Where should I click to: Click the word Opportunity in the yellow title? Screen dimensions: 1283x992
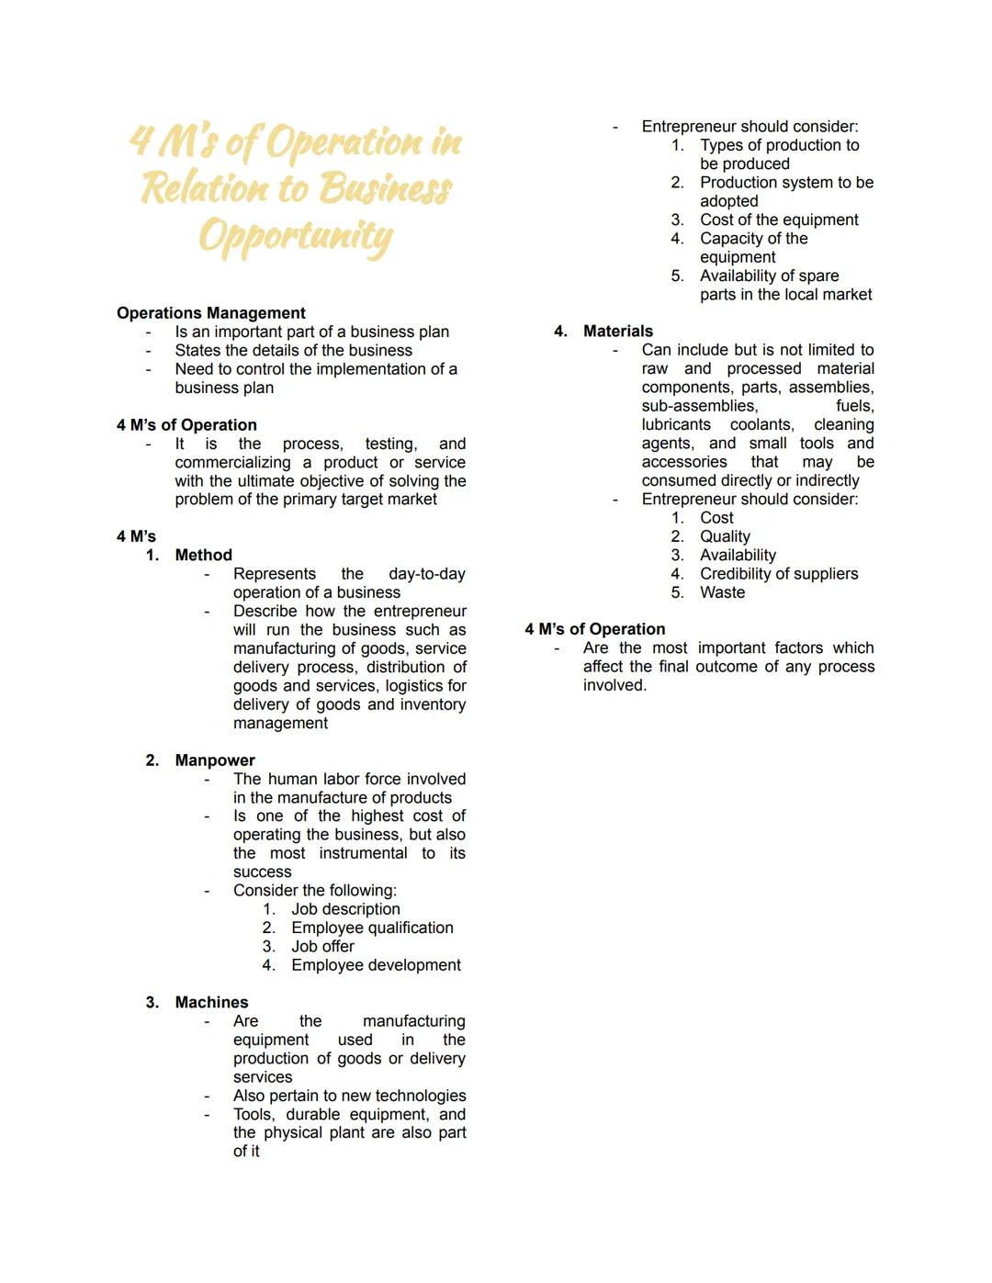click(296, 236)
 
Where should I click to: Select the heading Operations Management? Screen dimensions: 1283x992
click(210, 313)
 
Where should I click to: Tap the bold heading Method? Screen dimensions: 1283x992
click(203, 555)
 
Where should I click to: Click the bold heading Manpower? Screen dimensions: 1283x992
click(215, 760)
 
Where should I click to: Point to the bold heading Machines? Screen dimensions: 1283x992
click(211, 1002)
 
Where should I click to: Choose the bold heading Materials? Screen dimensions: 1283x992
click(617, 331)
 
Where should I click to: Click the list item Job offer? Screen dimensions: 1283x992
click(322, 946)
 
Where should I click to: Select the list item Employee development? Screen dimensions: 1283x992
click(376, 965)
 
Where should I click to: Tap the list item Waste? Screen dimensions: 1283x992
click(722, 592)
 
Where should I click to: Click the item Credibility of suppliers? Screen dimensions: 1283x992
click(778, 574)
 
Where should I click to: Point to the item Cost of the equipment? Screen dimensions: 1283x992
click(779, 219)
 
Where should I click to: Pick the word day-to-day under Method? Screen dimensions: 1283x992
click(426, 574)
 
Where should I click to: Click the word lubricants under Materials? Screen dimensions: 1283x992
click(676, 424)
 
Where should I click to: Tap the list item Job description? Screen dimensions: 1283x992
click(345, 909)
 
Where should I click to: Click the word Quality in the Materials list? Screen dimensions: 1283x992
click(725, 536)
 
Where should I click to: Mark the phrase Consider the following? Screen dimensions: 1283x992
click(314, 891)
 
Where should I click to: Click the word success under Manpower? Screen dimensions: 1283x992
click(262, 872)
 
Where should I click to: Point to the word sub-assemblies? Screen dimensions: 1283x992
click(699, 406)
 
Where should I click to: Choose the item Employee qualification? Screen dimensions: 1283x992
click(372, 928)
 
